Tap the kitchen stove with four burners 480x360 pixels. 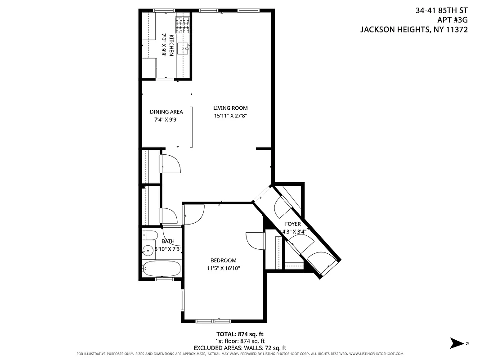click(183, 25)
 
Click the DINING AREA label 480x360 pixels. click(166, 112)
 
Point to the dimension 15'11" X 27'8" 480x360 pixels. click(230, 116)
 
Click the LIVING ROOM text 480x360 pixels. click(230, 108)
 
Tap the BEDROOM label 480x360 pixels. click(223, 261)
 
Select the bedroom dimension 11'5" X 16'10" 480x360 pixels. click(223, 268)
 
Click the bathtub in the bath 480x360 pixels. click(162, 269)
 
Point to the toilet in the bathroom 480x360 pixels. click(149, 235)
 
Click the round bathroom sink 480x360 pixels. click(147, 250)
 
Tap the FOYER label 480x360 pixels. click(292, 224)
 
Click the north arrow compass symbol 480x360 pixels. click(458, 343)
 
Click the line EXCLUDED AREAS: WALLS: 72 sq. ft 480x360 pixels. click(240, 348)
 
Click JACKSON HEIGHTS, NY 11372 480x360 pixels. click(414, 30)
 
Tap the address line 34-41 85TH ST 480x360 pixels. click(442, 10)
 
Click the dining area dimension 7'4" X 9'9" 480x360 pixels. click(166, 120)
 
